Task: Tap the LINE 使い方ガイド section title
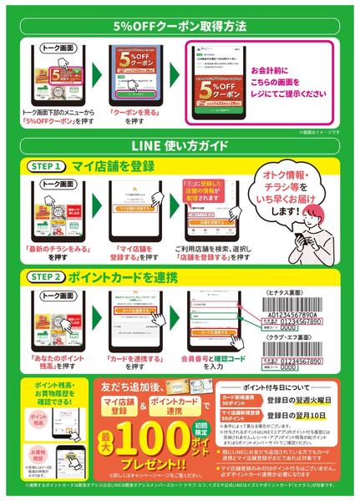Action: pos(180,147)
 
